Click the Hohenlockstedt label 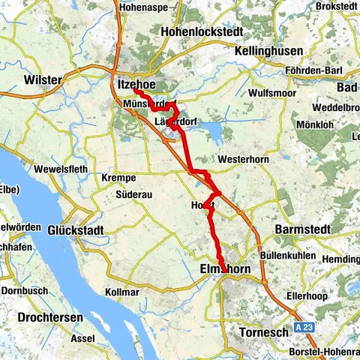click(197, 31)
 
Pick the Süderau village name click(135, 194)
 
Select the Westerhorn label click(241, 160)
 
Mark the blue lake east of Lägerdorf click(209, 133)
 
